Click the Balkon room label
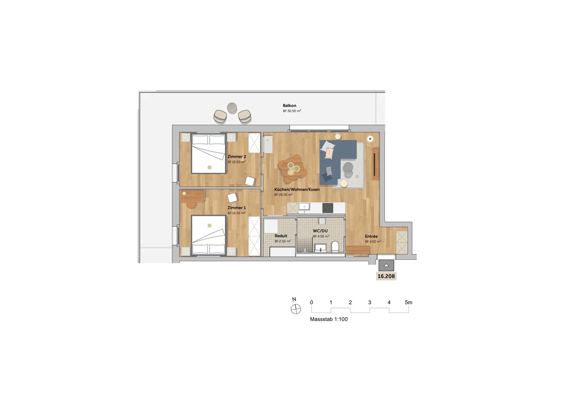(x=289, y=105)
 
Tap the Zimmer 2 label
(x=237, y=156)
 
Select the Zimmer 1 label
(x=237, y=207)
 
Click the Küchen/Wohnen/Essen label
(x=297, y=189)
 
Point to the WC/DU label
(x=320, y=231)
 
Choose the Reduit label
(x=281, y=236)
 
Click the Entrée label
(x=371, y=236)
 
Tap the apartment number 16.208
(x=386, y=276)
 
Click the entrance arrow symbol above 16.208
(x=386, y=265)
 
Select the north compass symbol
(x=296, y=309)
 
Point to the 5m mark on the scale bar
(x=408, y=302)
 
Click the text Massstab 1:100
(x=329, y=319)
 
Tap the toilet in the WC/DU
(x=335, y=246)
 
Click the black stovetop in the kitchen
(x=328, y=208)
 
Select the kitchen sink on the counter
(x=305, y=207)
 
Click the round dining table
(x=292, y=169)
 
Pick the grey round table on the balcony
(x=232, y=107)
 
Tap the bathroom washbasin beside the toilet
(x=320, y=247)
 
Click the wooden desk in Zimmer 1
(x=193, y=196)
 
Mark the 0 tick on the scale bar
(x=312, y=302)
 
